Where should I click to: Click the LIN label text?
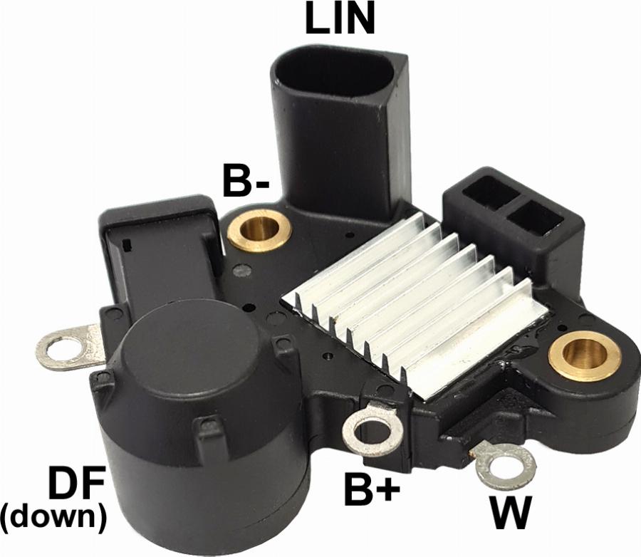point(340,18)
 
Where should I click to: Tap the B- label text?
point(246,179)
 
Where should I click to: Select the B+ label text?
point(372,489)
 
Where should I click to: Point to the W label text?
point(511,511)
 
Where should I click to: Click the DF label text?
point(76,484)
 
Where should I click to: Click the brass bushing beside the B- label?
point(259,231)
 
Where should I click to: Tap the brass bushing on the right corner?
point(585,354)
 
